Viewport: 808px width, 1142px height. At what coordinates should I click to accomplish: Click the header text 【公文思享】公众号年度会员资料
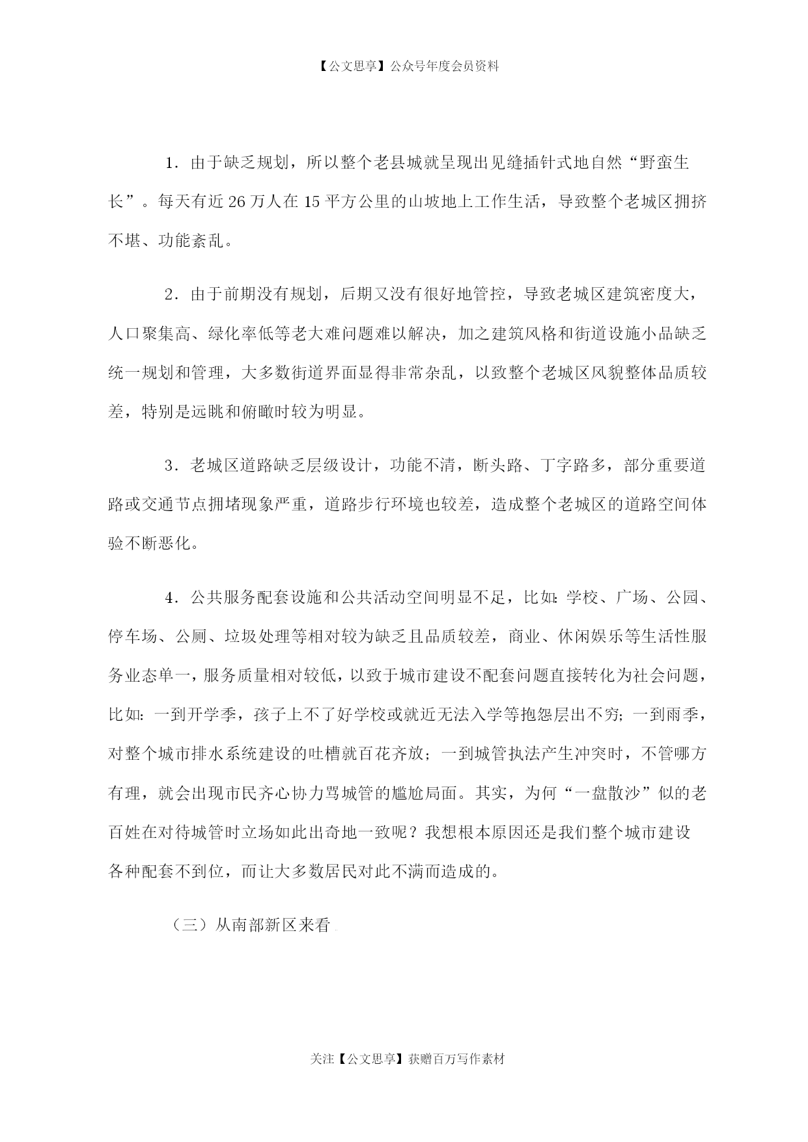point(404,66)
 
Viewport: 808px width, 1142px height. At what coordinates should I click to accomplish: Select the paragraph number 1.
point(171,163)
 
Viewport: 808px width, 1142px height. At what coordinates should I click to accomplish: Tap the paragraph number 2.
point(171,295)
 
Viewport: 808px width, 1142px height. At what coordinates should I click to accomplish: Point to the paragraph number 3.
point(171,466)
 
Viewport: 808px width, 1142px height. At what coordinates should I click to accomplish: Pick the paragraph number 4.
point(171,598)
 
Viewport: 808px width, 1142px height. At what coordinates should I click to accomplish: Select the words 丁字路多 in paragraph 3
point(573,466)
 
